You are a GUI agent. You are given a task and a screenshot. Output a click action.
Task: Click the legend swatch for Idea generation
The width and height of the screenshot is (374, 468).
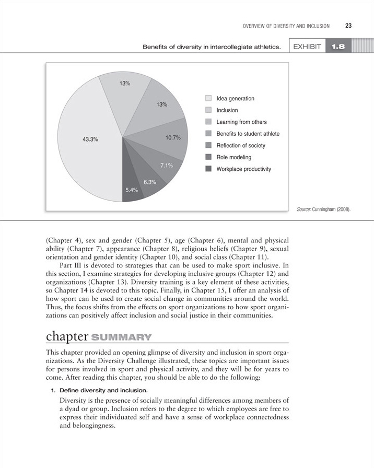pyautogui.click(x=208, y=98)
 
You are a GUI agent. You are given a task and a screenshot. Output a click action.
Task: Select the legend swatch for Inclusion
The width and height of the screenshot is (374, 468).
pyautogui.click(x=208, y=110)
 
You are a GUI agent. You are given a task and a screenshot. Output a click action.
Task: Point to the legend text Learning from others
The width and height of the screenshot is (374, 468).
pyautogui.click(x=241, y=122)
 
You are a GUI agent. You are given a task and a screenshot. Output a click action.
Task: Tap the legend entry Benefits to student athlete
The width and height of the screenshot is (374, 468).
pyautogui.click(x=248, y=134)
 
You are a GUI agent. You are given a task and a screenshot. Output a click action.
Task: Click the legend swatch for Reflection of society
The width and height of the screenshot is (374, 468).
pyautogui.click(x=208, y=145)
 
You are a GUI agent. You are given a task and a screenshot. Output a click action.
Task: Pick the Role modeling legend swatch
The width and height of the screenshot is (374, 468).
pyautogui.click(x=208, y=157)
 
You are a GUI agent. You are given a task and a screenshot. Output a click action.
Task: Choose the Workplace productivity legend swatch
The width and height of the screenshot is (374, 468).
pyautogui.click(x=208, y=169)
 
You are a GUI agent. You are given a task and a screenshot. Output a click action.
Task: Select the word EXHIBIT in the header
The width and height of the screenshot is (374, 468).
pyautogui.click(x=307, y=46)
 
